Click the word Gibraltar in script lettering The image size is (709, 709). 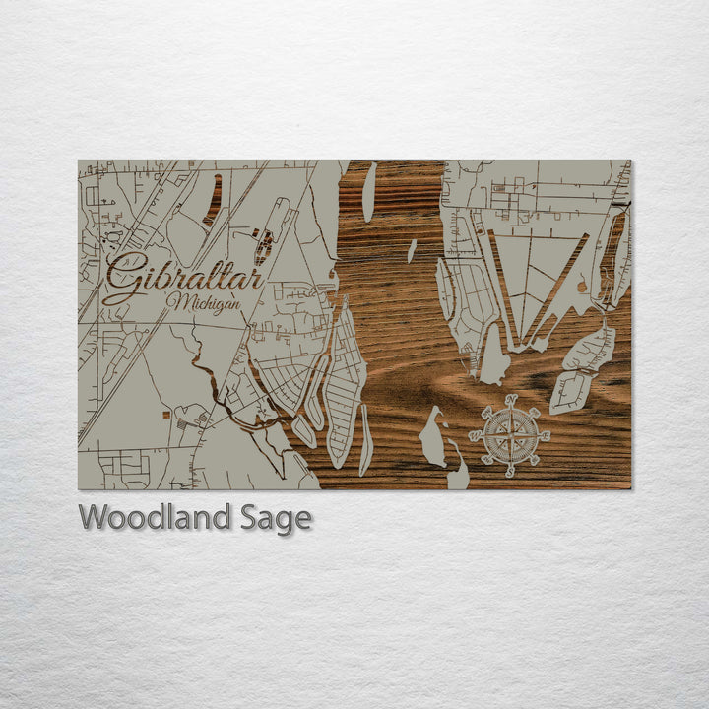[x=183, y=278]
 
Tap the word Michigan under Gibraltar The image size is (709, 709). [x=204, y=302]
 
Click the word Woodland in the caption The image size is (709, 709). [x=156, y=517]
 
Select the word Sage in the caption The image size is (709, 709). [x=276, y=518]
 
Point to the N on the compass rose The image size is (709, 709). [x=510, y=399]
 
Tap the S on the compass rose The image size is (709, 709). [x=510, y=472]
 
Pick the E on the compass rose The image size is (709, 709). [x=546, y=435]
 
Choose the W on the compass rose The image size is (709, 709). [x=474, y=435]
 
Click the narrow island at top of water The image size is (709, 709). [x=369, y=192]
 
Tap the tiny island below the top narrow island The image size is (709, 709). [x=412, y=251]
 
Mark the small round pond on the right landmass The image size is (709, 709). [x=581, y=287]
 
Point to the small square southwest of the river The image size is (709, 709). [x=180, y=416]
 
